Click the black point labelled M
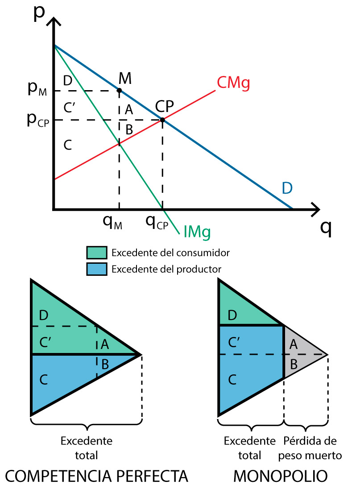pos(119,91)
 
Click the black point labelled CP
pos(162,120)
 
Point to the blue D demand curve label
pos(287,188)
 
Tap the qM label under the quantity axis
pos(113,222)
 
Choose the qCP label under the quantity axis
pos(157,222)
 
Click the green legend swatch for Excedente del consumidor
pos(97,253)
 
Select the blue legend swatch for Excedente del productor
pos(97,269)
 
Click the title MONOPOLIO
pos(281,477)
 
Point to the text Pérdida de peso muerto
pos(310,448)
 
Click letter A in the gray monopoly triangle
pos(293,344)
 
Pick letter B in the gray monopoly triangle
pos(293,364)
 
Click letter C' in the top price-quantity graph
pos(69,108)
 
